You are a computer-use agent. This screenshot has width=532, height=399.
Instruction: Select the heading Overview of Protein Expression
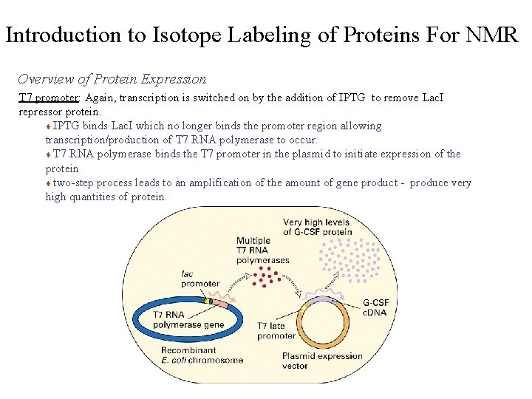click(x=112, y=79)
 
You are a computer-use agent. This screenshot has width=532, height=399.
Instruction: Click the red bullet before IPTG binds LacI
click(x=49, y=126)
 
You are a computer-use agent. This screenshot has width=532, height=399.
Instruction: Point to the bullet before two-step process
click(x=49, y=183)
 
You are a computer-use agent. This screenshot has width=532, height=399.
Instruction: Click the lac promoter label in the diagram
click(x=199, y=279)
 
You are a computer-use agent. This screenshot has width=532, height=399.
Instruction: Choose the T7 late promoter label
click(x=276, y=330)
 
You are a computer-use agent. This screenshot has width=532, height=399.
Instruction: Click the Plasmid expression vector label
click(x=322, y=361)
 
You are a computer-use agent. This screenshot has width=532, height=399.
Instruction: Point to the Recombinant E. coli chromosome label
click(x=202, y=355)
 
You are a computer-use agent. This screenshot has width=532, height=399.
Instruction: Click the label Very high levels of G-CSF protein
click(x=318, y=227)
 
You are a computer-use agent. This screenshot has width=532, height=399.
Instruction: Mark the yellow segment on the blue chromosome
click(x=209, y=301)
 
